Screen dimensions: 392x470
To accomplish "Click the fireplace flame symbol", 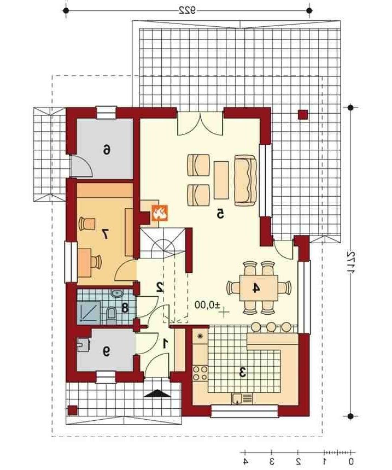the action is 159,213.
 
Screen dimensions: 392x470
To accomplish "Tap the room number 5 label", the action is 220,214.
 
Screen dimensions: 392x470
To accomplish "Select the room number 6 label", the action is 106,149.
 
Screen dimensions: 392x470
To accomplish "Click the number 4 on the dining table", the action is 255,288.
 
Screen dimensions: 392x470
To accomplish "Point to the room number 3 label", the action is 242,373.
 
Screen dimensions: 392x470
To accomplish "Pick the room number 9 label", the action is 106,351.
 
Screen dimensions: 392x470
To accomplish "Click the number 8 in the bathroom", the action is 125,308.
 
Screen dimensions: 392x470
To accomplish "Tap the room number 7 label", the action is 104,234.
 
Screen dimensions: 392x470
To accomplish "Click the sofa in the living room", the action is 245,180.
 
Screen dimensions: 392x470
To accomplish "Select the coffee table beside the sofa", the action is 221,180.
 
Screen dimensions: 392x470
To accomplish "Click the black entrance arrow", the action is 157,393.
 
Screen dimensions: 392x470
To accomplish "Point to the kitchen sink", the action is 242,398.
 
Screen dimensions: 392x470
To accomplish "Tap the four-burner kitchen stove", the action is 200,373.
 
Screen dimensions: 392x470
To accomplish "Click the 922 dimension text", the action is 187,10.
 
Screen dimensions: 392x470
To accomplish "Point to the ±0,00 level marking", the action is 207,304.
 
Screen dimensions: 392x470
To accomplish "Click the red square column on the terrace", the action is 303,115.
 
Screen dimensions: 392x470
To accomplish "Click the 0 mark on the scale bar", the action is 351,461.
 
